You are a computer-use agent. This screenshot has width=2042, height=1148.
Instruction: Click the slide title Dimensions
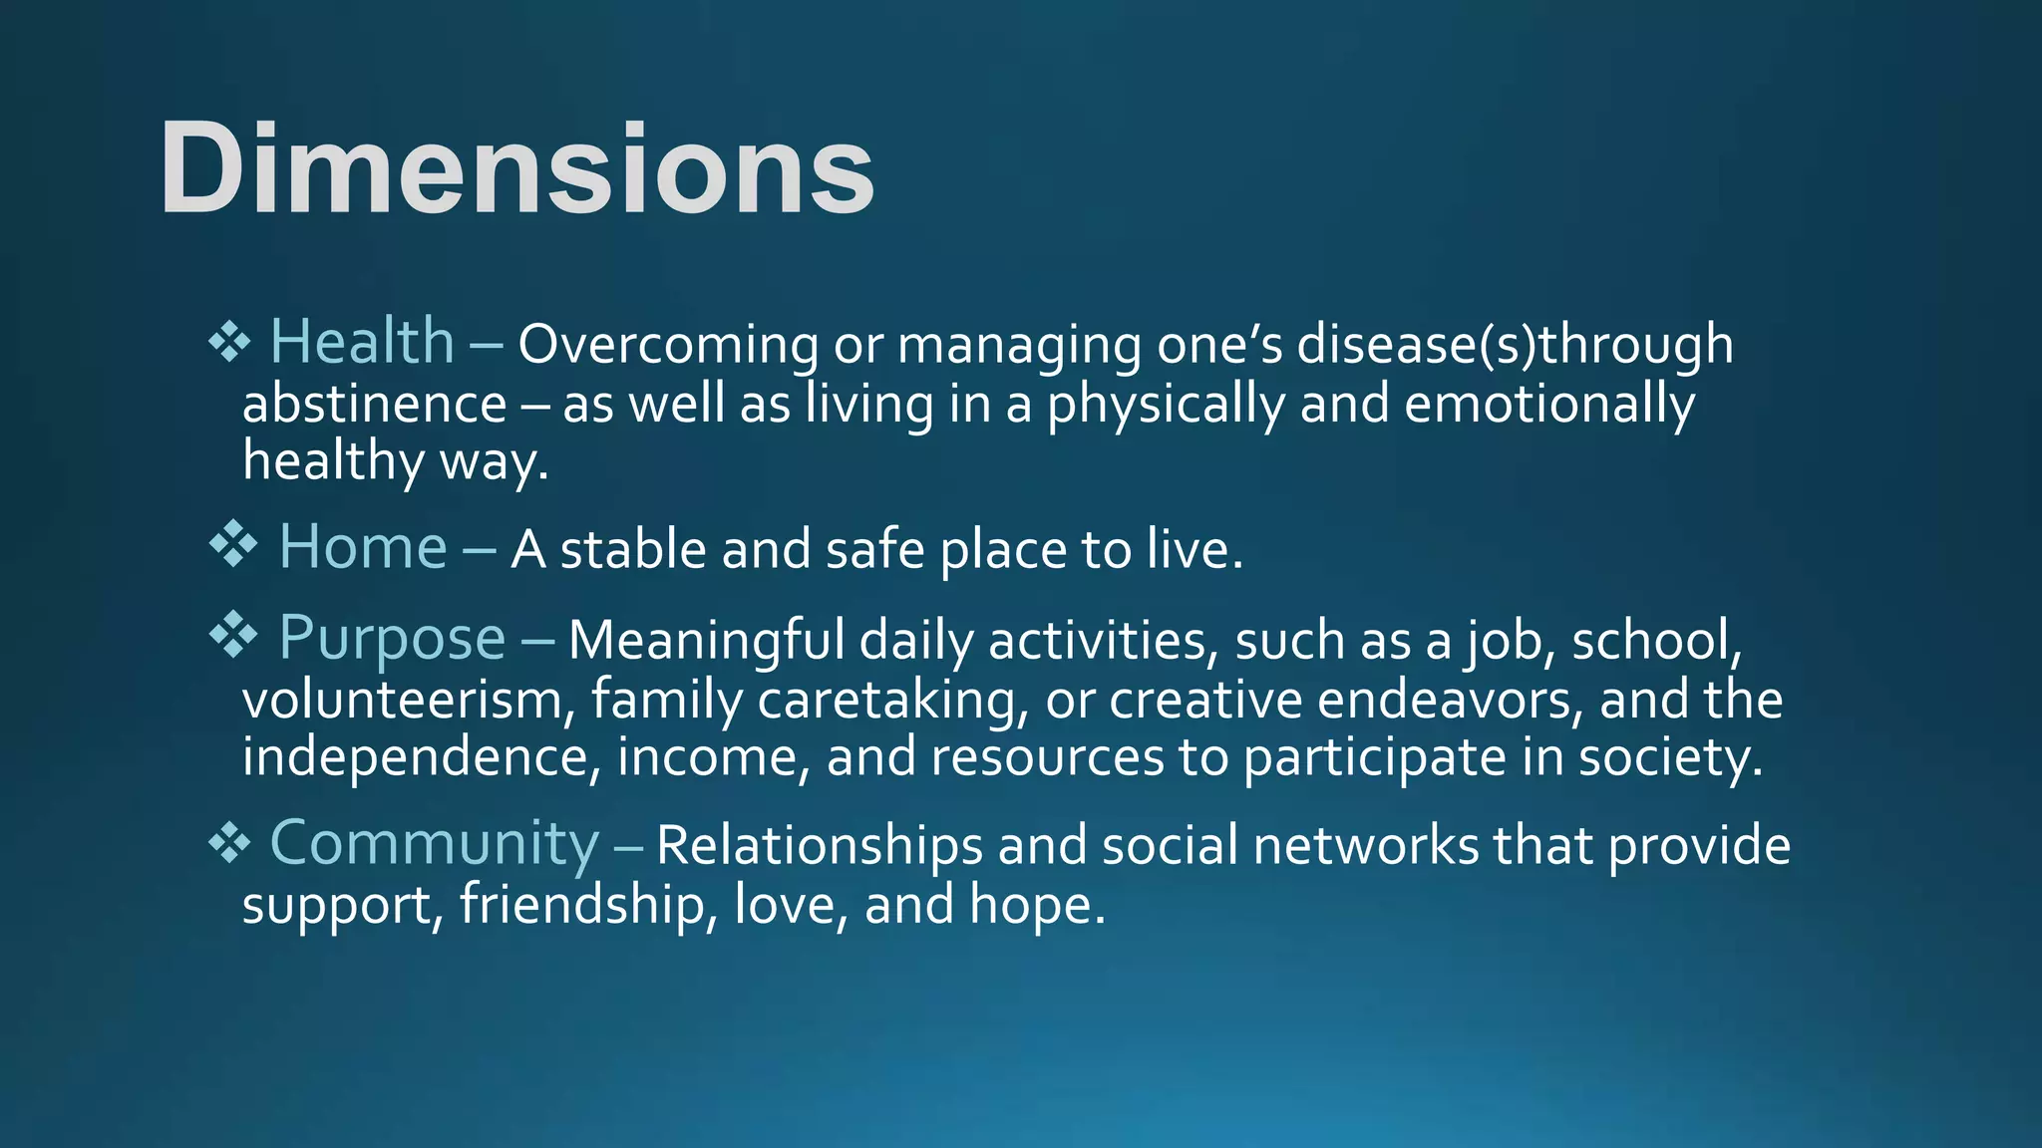click(x=516, y=167)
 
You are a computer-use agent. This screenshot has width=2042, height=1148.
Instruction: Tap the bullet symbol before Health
click(x=229, y=342)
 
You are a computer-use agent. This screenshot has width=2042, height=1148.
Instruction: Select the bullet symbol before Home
click(x=233, y=545)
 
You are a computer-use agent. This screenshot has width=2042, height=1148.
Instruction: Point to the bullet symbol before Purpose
click(x=233, y=636)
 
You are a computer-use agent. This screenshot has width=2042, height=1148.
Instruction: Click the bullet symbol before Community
click(x=229, y=844)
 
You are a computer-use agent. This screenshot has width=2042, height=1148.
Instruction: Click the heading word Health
click(x=362, y=341)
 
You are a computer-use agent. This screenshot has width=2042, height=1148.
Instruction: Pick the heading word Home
click(x=363, y=547)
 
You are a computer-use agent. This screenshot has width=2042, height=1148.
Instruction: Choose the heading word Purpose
click(x=392, y=638)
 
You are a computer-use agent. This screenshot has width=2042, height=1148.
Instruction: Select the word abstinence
click(x=374, y=405)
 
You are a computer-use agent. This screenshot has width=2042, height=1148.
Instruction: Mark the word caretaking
click(x=892, y=700)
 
